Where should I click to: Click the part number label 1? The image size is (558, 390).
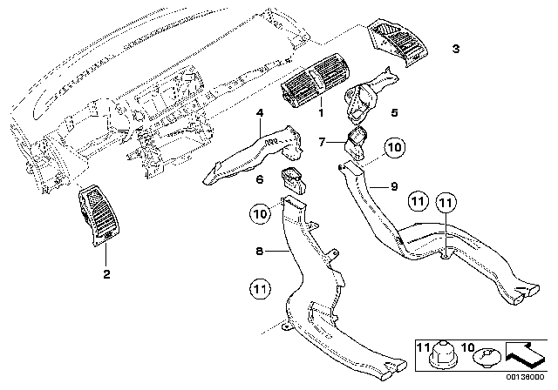[x=321, y=113]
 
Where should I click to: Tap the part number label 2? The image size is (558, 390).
[x=106, y=274]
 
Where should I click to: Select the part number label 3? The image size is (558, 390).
[x=456, y=49]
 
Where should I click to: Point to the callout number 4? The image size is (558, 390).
[x=260, y=113]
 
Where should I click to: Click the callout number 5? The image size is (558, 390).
[x=394, y=112]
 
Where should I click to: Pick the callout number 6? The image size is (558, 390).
[x=260, y=179]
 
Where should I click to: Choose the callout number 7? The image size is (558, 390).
[x=322, y=143]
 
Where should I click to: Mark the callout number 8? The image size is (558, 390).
[x=260, y=251]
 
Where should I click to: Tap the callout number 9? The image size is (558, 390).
[x=394, y=186]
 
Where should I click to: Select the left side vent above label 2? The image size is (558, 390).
[x=99, y=215]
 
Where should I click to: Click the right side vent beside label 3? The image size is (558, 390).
[x=398, y=42]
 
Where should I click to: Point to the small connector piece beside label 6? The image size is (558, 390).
[x=294, y=181]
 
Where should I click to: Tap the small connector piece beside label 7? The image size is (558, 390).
[x=357, y=142]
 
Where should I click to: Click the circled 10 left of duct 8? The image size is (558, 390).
[x=260, y=214]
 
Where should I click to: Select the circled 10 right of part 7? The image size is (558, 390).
[x=395, y=147]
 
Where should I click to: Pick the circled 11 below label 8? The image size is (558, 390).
[x=260, y=289]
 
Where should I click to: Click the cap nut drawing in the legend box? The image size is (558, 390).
[x=443, y=353]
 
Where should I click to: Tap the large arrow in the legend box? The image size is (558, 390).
[x=525, y=353]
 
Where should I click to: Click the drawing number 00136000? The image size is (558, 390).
[x=525, y=377]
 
